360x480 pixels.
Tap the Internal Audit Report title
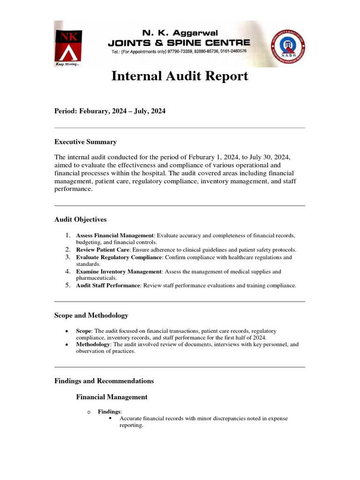click(180, 76)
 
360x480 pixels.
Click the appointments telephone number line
click(179, 51)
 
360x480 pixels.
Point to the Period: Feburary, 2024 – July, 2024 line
click(110, 111)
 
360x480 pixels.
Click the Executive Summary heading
click(85, 142)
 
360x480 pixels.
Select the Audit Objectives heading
click(80, 219)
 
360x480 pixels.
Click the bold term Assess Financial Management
click(115, 235)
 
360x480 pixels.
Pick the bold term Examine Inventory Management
click(119, 271)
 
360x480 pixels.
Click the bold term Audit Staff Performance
click(108, 285)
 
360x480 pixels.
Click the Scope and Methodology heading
click(91, 315)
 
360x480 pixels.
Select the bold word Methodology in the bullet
click(93, 345)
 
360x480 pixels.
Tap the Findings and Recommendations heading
click(104, 381)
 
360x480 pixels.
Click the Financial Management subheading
click(112, 397)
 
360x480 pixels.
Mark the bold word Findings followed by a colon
click(109, 412)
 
